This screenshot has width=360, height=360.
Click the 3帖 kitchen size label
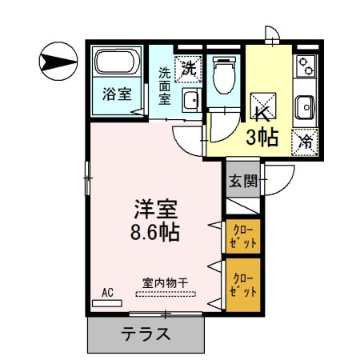pyautogui.click(x=262, y=138)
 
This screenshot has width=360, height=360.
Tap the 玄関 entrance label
pyautogui.click(x=243, y=182)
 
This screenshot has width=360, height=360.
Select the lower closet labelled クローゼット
pyautogui.click(x=241, y=284)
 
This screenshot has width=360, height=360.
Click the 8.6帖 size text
pyautogui.click(x=154, y=233)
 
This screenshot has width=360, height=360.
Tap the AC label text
pyautogui.click(x=108, y=293)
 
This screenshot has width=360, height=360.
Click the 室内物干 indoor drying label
pyautogui.click(x=166, y=282)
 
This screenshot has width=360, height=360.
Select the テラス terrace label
pyautogui.click(x=145, y=334)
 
